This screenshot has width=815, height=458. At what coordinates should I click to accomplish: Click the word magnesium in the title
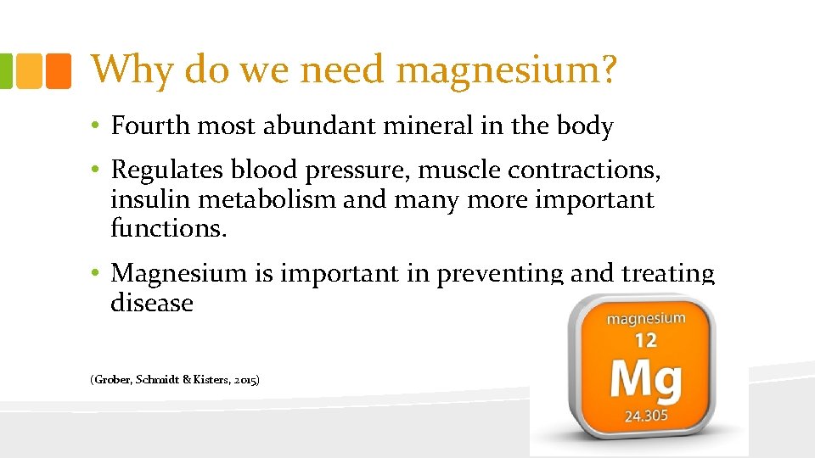point(497,70)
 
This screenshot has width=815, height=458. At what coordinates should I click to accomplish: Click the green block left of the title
point(6,71)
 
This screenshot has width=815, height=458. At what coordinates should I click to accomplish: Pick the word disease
point(152,303)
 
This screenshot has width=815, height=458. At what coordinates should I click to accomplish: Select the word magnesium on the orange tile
point(646,319)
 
